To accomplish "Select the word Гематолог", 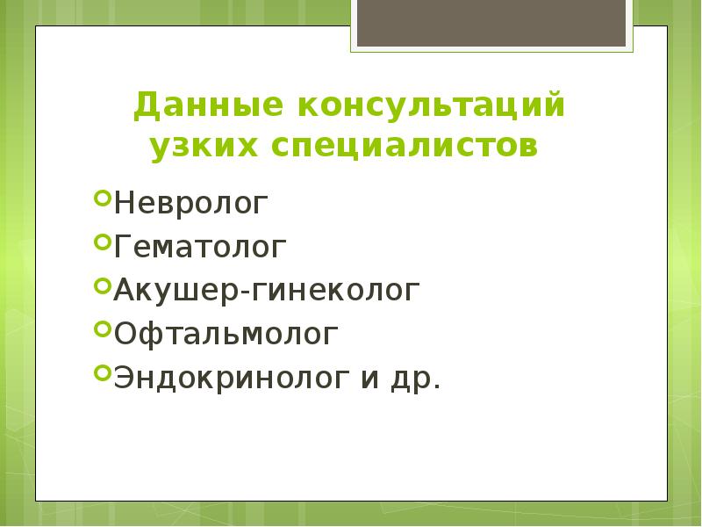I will [199, 247].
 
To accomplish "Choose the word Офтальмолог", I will [224, 333].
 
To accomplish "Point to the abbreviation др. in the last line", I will [421, 379].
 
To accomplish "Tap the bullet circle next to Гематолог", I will [101, 242].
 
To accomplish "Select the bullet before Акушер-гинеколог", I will [101, 285].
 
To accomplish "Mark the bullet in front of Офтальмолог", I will [101, 328].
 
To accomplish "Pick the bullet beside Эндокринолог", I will [101, 372].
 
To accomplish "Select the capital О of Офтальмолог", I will [125, 333].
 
